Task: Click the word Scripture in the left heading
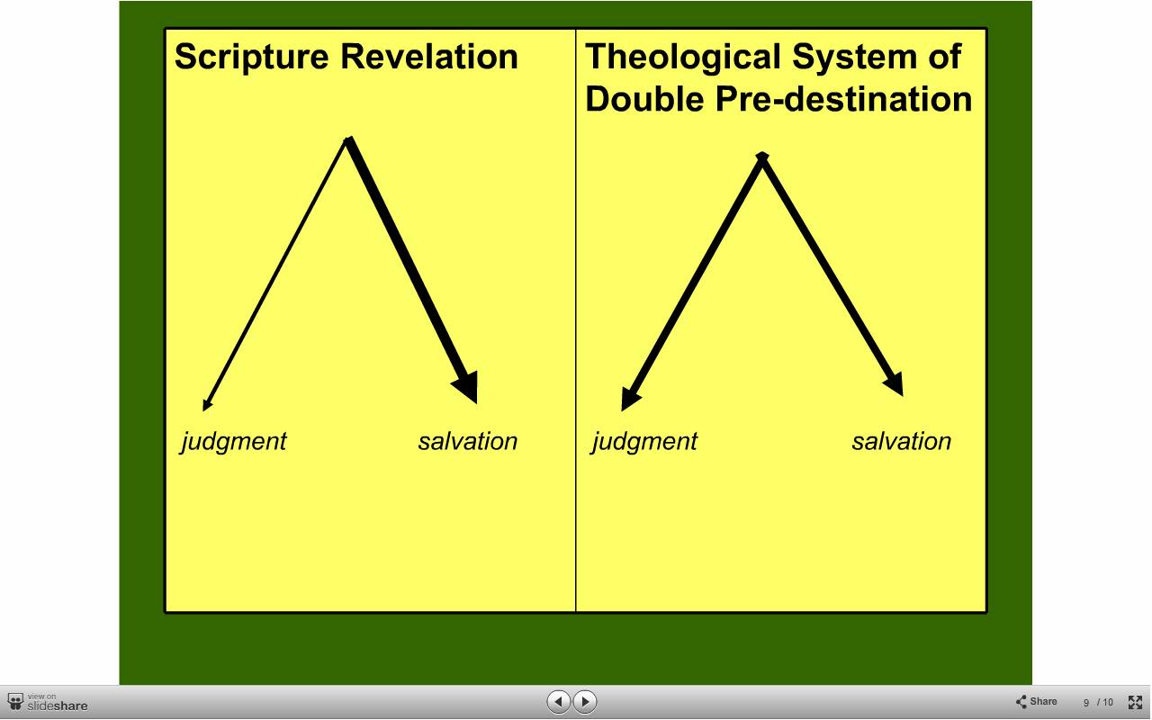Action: [x=251, y=58]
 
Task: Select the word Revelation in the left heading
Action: [x=429, y=56]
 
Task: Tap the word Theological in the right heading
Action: [x=683, y=58]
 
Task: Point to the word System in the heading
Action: [x=854, y=58]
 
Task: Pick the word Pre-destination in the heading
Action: [x=843, y=98]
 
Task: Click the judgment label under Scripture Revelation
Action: [x=234, y=442]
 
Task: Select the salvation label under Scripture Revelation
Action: [x=467, y=441]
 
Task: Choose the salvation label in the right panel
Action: [x=902, y=441]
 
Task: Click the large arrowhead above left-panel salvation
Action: [x=467, y=388]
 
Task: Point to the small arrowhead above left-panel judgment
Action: [x=207, y=404]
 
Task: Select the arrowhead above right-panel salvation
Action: [x=895, y=383]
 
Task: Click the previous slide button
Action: [x=558, y=701]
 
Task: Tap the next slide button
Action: [x=585, y=701]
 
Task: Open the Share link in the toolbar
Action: [x=1036, y=701]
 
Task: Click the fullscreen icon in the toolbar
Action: [x=1135, y=702]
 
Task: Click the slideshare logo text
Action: [x=57, y=706]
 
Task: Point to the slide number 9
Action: [x=1086, y=703]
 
